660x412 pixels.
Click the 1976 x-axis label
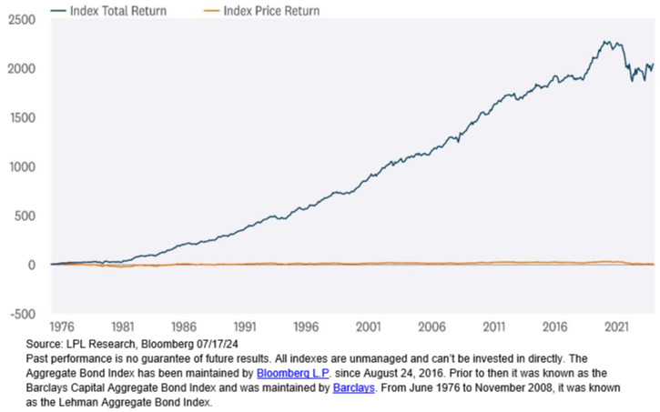tap(62, 325)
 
